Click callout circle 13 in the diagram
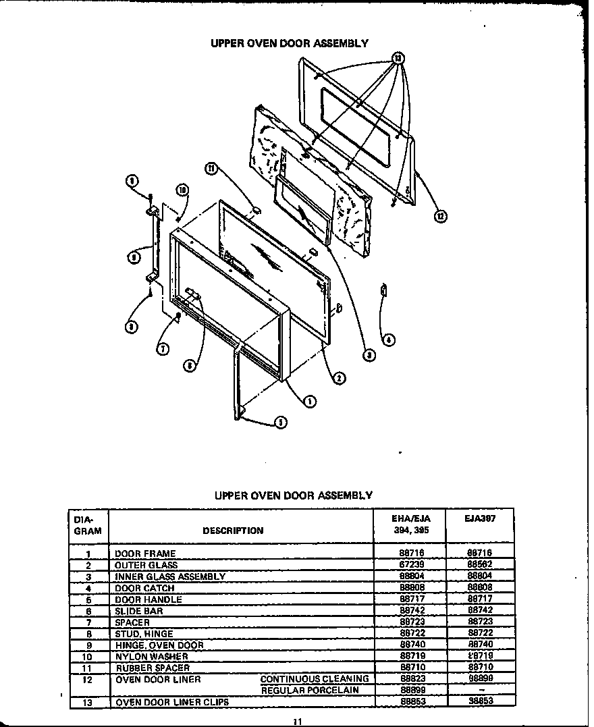[x=398, y=59]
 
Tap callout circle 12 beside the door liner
[x=440, y=216]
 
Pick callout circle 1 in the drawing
[x=309, y=401]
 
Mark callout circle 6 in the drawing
[x=190, y=365]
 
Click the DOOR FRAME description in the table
[x=145, y=554]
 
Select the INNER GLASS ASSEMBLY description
[x=170, y=576]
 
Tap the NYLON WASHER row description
[x=151, y=656]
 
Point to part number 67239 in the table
[x=411, y=565]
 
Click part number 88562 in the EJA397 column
[x=480, y=565]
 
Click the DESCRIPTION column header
[x=233, y=531]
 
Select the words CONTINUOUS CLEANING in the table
[x=315, y=678]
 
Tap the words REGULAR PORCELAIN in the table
[x=310, y=690]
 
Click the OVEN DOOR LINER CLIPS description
[x=172, y=702]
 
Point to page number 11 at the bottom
[x=297, y=722]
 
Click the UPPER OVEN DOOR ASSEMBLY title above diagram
[x=290, y=43]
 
